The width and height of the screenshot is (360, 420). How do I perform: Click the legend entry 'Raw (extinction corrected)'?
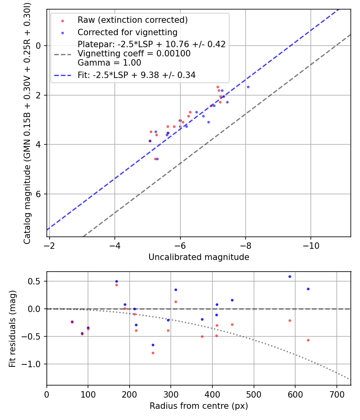[132, 20]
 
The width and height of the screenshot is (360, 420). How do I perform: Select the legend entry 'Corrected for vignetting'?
[127, 32]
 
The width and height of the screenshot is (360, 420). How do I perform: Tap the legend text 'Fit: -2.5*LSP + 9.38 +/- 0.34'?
[136, 75]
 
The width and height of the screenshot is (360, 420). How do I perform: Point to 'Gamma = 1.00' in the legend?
[109, 62]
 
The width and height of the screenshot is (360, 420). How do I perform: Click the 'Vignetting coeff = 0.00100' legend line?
[134, 54]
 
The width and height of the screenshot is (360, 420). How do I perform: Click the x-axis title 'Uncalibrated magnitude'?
[199, 257]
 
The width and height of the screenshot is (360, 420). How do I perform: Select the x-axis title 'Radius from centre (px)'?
[199, 406]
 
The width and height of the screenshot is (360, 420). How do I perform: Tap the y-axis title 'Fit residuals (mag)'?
[12, 328]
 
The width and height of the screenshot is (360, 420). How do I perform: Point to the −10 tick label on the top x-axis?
[311, 245]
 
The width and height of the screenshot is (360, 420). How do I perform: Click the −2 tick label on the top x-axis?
[49, 245]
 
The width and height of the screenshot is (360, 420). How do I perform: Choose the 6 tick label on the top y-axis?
[39, 194]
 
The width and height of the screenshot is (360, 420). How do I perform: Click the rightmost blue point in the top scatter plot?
[248, 87]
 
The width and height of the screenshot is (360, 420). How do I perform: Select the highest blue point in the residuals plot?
[290, 276]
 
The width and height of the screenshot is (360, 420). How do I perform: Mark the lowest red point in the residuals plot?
[153, 353]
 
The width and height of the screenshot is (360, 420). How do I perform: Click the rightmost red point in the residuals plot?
[308, 340]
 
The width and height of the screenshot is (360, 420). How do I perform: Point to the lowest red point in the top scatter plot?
[155, 159]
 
